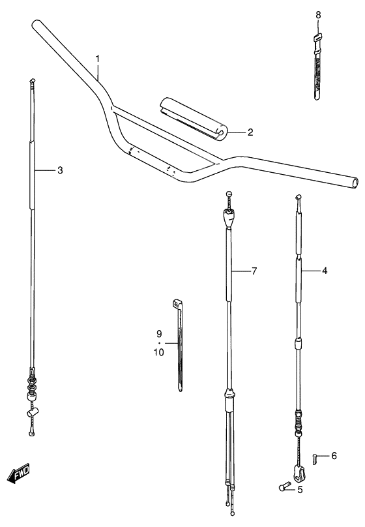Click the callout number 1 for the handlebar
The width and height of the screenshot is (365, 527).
coord(98,59)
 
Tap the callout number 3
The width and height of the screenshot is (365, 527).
coord(59,171)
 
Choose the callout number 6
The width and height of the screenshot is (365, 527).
coord(334,457)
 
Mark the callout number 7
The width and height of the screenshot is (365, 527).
coord(254,270)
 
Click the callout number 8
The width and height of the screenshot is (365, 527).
coord(318,14)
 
